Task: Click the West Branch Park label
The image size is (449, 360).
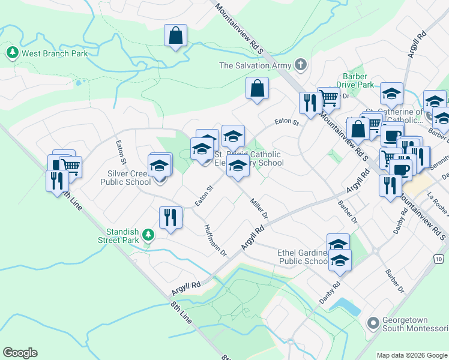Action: [x=55, y=53]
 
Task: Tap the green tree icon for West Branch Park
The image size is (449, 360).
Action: [x=12, y=53]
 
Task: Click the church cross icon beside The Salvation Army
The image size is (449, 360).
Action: [x=300, y=65]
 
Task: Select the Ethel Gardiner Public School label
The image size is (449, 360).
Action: [x=303, y=257]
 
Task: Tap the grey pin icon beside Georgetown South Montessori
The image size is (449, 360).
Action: [x=373, y=324]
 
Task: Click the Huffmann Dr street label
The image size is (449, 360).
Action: [x=214, y=241]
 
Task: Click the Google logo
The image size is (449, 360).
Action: [x=20, y=353]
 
